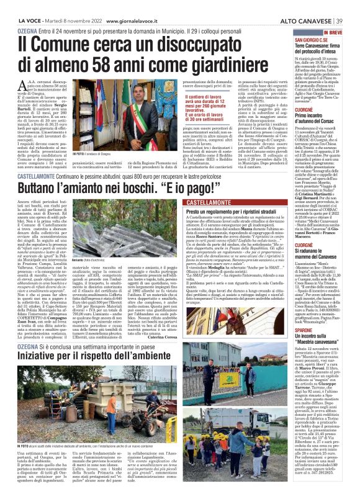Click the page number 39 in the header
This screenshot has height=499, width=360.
pos(352,6)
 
